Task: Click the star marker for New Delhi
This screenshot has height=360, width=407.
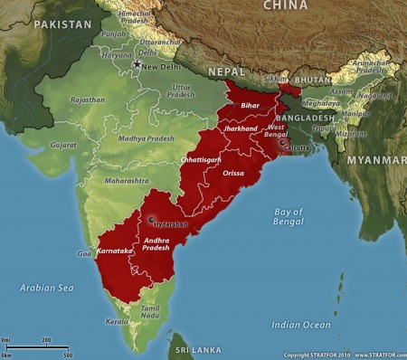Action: pyautogui.click(x=137, y=64)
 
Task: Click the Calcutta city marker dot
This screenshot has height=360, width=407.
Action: pyautogui.click(x=283, y=143)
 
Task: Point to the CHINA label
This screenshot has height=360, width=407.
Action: pyautogui.click(x=285, y=6)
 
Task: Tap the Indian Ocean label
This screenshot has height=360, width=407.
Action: pyautogui.click(x=302, y=324)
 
